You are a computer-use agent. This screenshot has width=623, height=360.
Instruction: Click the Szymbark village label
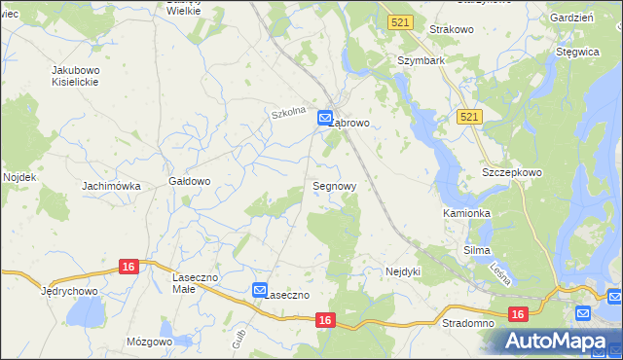(x=421, y=60)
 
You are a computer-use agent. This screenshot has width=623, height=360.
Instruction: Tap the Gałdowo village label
(x=190, y=181)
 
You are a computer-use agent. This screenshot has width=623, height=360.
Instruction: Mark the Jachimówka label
(x=112, y=186)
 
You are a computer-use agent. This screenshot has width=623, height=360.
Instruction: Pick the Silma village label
(x=477, y=250)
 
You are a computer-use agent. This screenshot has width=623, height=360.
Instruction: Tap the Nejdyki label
(x=403, y=271)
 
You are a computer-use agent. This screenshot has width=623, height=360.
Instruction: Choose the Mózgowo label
(x=149, y=342)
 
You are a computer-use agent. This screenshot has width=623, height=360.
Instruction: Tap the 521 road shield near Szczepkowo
(x=468, y=116)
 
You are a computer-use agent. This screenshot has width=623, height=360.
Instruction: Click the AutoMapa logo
(x=558, y=341)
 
